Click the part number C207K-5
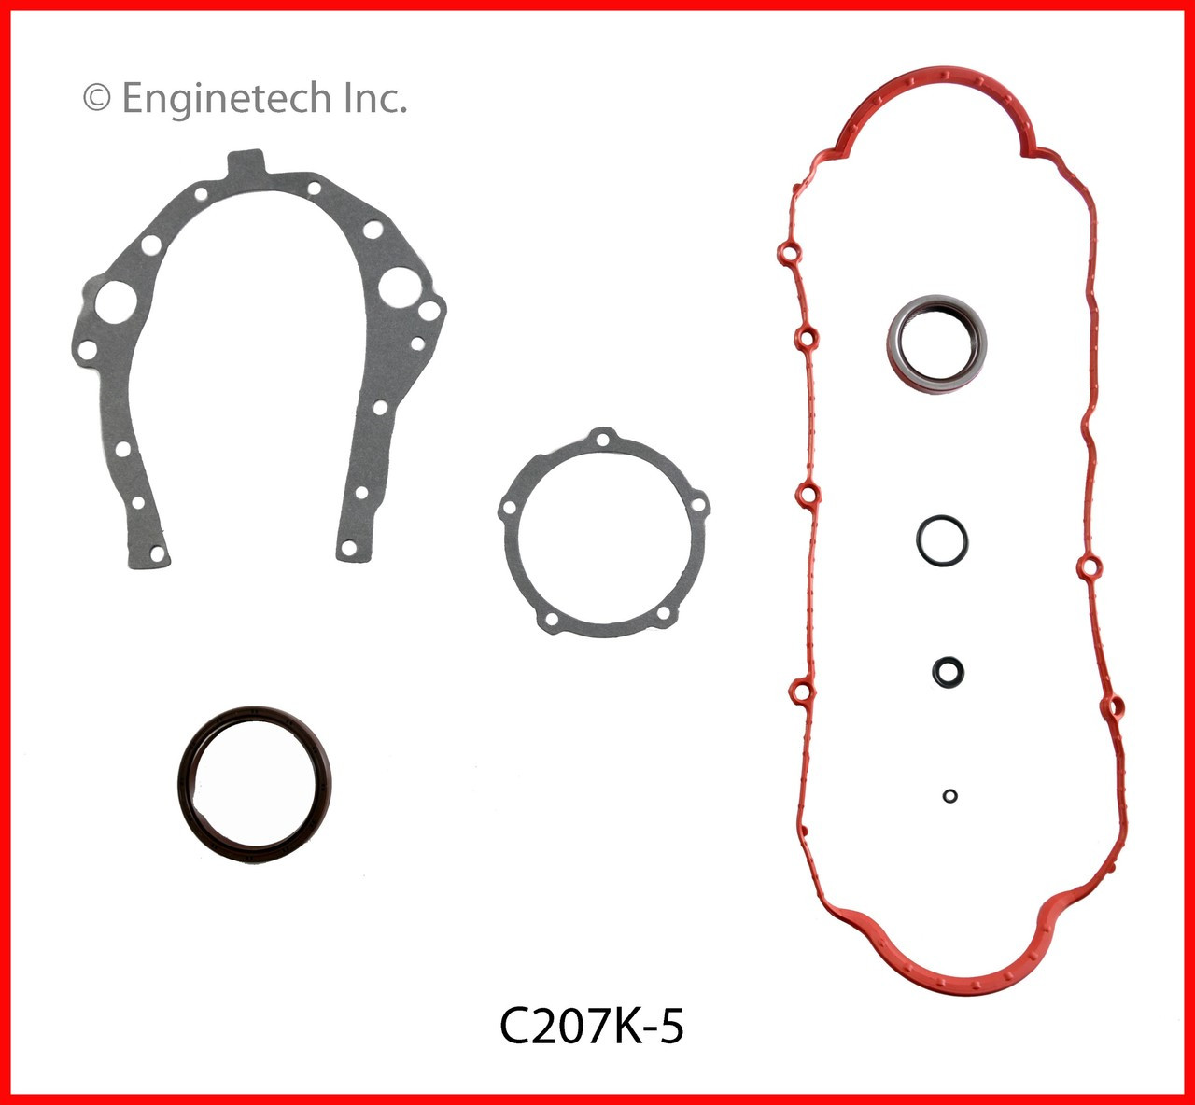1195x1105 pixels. (592, 1027)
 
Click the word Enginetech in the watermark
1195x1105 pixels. (226, 98)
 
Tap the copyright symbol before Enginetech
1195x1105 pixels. (97, 98)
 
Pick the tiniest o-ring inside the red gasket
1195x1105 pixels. (949, 796)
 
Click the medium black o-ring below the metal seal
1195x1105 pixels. (941, 539)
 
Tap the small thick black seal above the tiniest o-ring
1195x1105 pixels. (948, 671)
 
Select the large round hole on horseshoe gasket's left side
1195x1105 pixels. (117, 301)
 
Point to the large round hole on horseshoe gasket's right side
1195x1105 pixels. (399, 285)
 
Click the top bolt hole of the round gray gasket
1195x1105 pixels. (603, 439)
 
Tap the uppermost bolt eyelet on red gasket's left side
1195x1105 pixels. (787, 254)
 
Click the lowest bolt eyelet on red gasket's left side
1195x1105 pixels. (800, 692)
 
